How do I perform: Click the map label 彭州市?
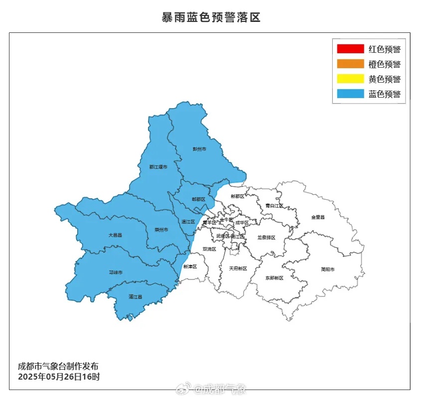(199, 149)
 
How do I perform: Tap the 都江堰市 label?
(158, 167)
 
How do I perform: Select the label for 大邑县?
(115, 234)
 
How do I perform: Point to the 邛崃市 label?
(116, 272)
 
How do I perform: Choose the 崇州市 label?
(161, 230)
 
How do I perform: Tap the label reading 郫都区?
(198, 199)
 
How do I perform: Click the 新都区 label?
(238, 196)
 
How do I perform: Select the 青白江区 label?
(274, 205)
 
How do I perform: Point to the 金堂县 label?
(318, 217)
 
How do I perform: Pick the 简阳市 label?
(327, 269)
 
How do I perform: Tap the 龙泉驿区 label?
(267, 238)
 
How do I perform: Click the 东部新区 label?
(274, 278)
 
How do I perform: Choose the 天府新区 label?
(238, 268)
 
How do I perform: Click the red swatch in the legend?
(350, 49)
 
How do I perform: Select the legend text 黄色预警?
(385, 79)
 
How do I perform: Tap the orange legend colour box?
(350, 64)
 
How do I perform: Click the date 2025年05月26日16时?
(59, 377)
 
